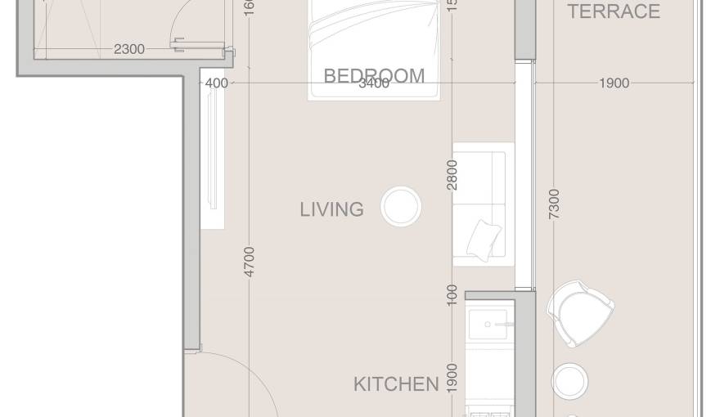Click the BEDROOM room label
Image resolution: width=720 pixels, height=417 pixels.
[374, 75]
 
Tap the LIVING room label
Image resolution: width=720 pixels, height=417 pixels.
[331, 209]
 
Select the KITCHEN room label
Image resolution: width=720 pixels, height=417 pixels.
[396, 384]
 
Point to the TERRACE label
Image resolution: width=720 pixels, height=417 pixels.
[614, 11]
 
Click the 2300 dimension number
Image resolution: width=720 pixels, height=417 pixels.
[129, 49]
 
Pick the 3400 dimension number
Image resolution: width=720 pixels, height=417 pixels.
[374, 83]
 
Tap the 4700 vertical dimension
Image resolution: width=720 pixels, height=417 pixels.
[250, 262]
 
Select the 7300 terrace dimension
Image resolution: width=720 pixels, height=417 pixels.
[554, 203]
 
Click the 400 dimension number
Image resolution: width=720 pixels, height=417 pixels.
[216, 83]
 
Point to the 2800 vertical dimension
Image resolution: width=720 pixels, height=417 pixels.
[452, 175]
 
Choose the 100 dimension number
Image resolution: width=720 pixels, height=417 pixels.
[452, 295]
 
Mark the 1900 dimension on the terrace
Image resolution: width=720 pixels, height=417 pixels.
[614, 83]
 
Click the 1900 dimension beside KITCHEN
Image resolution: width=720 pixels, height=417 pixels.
[452, 377]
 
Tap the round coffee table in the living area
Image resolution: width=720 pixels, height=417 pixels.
[401, 206]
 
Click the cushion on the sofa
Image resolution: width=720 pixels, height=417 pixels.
[484, 239]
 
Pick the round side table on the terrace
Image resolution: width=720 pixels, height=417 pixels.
[569, 380]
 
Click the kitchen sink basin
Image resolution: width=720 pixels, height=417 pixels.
[488, 325]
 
